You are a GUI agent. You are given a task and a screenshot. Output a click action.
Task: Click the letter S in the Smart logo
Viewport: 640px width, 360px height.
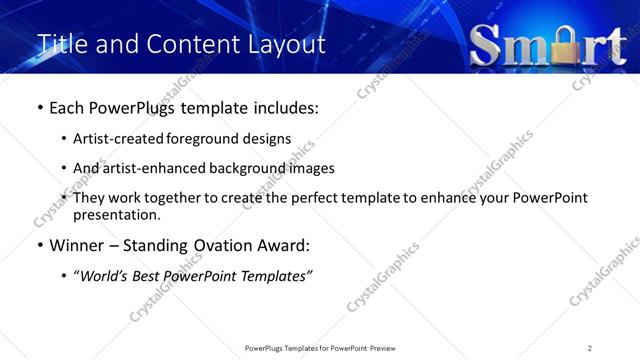coord(488,45)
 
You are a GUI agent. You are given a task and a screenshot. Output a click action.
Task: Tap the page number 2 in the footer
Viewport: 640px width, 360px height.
coord(590,348)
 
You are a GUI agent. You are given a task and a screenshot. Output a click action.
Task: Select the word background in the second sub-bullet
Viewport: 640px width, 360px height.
coord(247,168)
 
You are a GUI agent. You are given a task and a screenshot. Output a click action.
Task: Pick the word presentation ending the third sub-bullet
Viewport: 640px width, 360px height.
coord(115,215)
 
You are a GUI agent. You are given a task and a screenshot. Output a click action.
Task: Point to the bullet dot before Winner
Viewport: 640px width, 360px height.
coord(38,246)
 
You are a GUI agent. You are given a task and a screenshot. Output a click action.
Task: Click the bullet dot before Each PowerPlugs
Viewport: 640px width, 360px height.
coord(38,107)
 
